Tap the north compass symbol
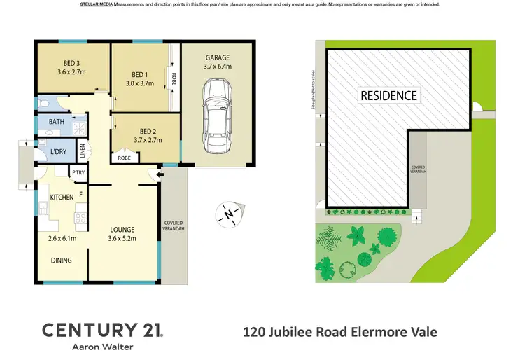point(228,214)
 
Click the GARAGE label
point(218,57)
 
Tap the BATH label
point(56,122)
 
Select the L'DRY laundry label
point(58,153)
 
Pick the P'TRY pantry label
point(78,172)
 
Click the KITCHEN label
point(62,198)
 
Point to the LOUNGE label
point(121,229)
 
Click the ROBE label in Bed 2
point(124,158)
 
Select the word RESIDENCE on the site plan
point(388,95)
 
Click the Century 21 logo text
point(103,329)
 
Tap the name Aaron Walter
point(103,347)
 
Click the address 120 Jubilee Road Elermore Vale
point(339,331)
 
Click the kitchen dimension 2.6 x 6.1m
point(62,238)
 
